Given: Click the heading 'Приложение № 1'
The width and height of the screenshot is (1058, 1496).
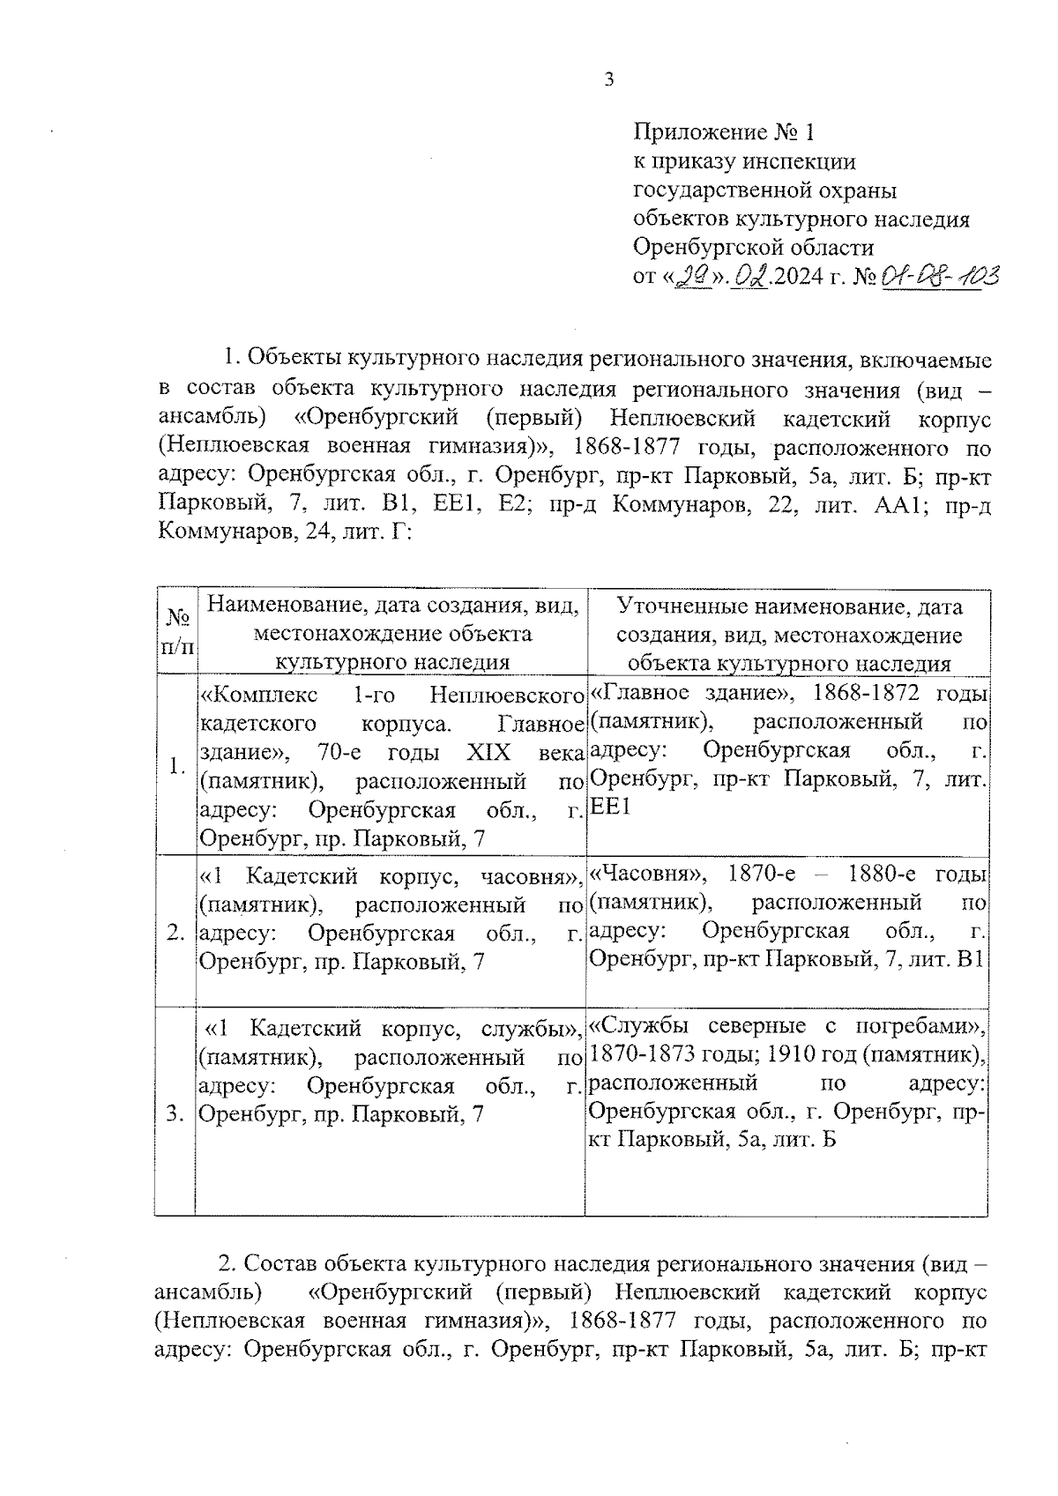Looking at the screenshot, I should point(725,133).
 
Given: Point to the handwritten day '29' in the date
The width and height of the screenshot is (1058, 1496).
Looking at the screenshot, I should point(690,278).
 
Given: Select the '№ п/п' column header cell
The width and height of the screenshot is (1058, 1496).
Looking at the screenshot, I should point(176,632).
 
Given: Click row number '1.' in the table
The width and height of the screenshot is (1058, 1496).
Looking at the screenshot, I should point(176,766).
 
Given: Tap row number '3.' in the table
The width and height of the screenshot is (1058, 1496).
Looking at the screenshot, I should point(176,1114).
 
